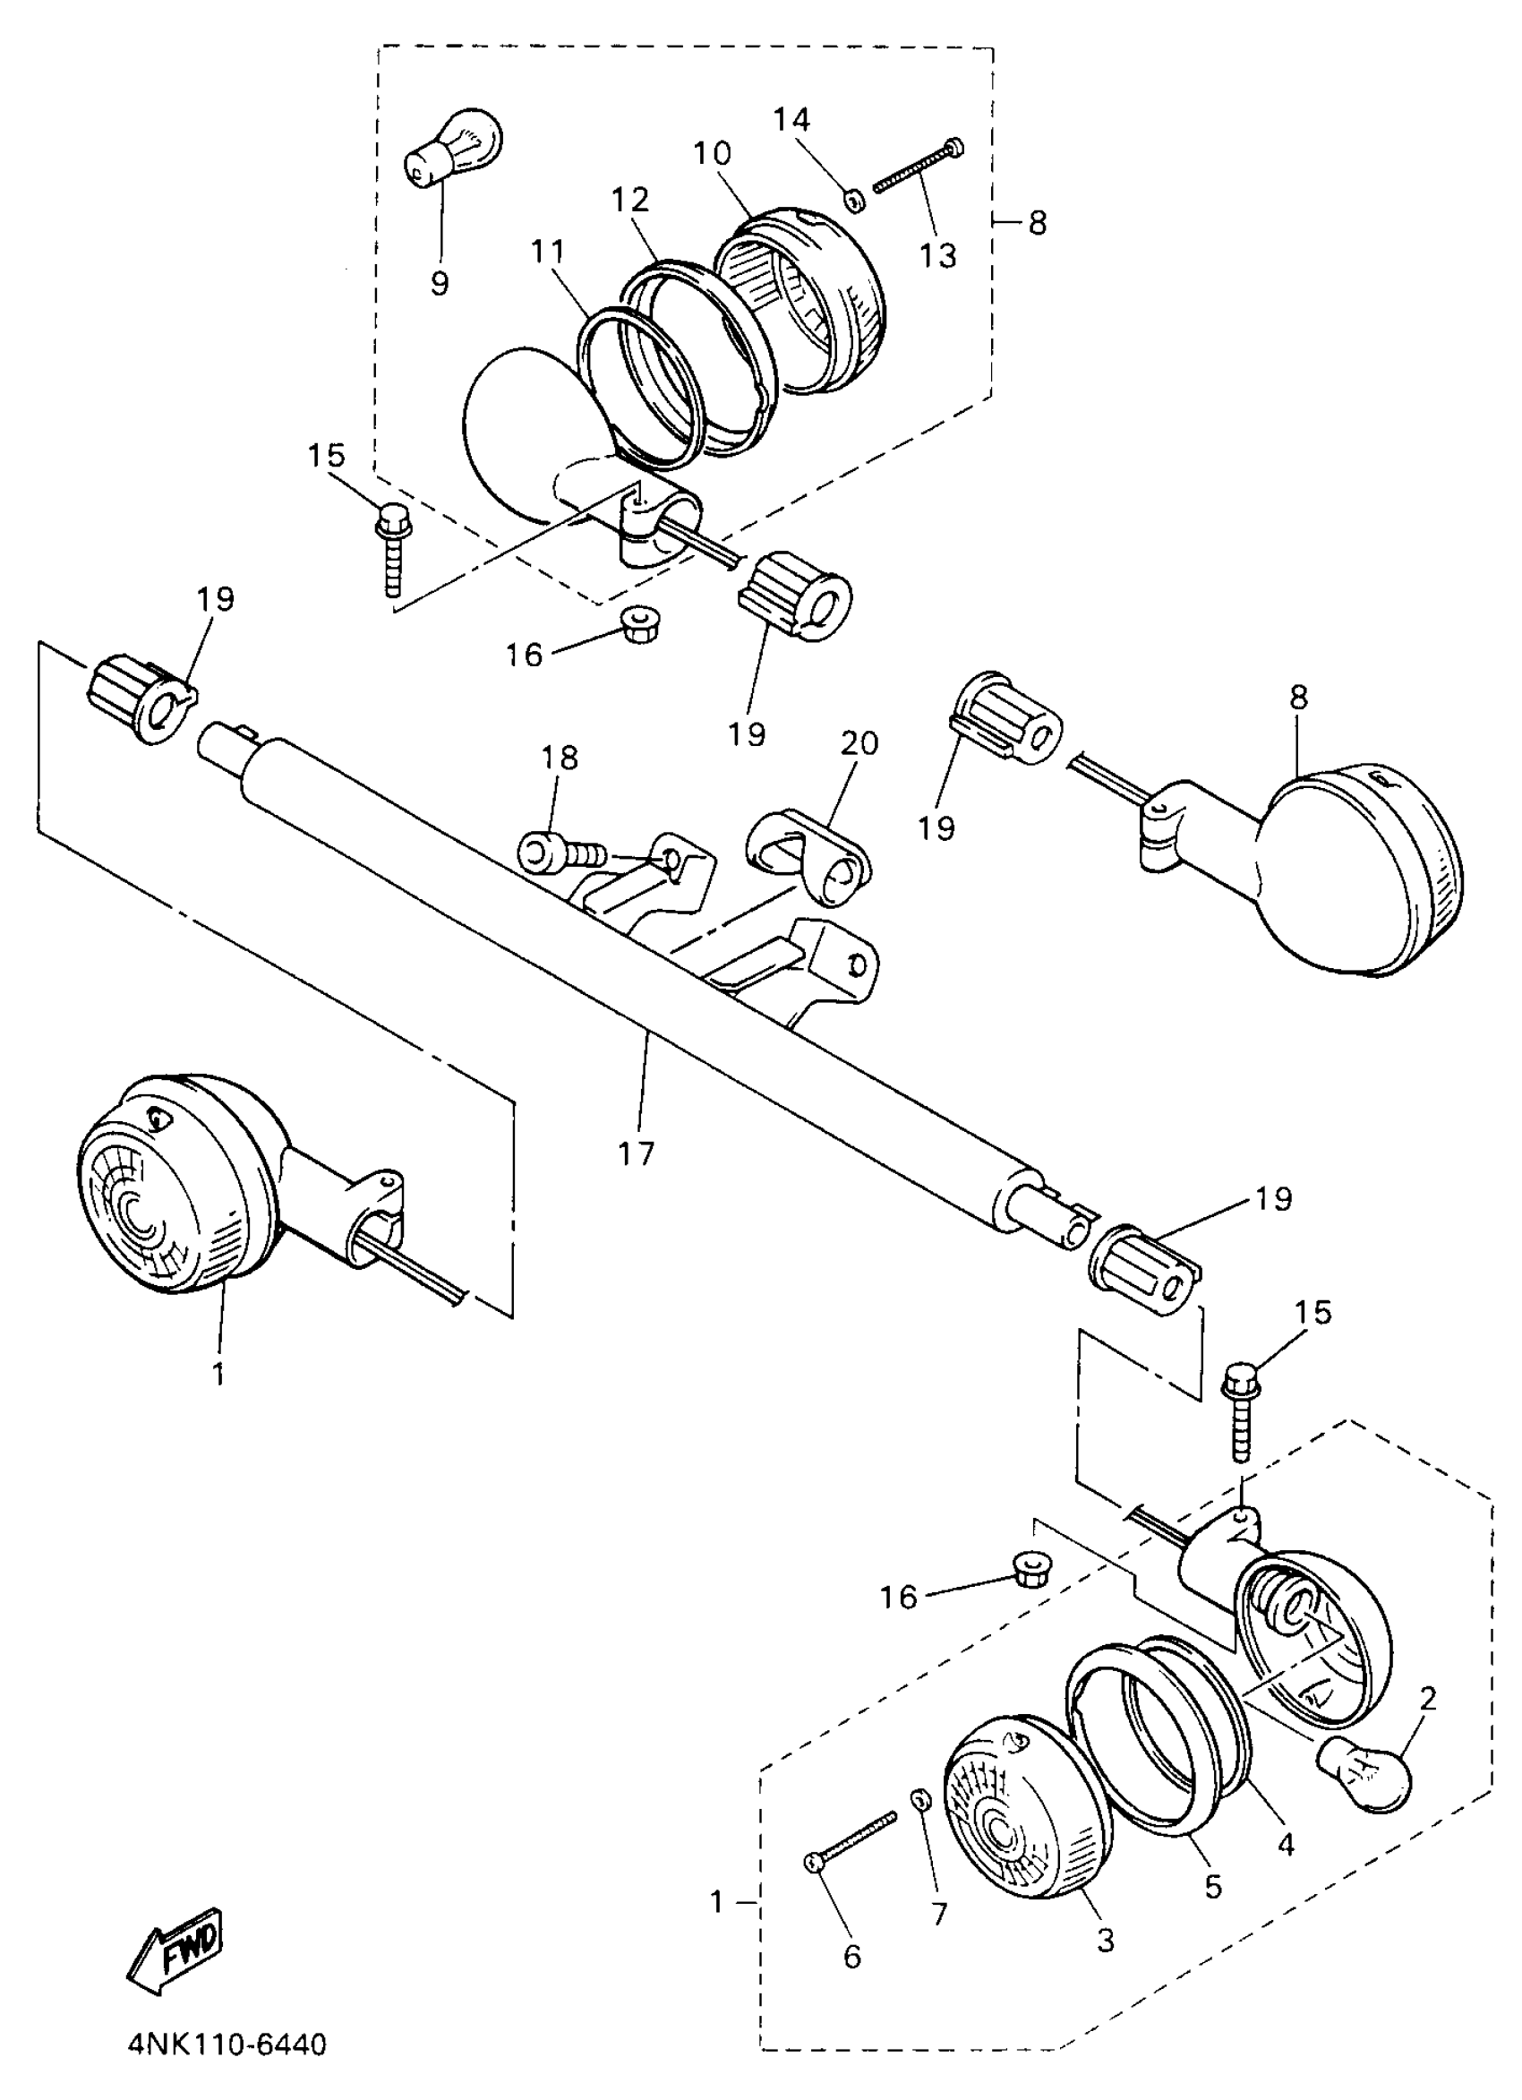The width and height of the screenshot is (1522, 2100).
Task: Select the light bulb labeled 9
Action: click(x=454, y=148)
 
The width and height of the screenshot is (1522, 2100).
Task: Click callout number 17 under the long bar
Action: click(x=637, y=1153)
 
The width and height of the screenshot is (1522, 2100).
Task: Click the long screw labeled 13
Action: click(x=917, y=167)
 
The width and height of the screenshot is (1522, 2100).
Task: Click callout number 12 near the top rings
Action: click(x=630, y=199)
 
